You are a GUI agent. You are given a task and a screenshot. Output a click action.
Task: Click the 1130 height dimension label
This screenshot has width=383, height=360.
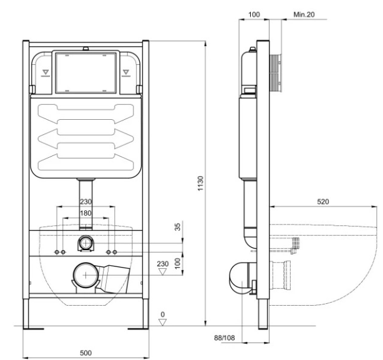pos(200,183)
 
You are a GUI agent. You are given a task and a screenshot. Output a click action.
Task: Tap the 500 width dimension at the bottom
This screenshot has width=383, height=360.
pos(85,353)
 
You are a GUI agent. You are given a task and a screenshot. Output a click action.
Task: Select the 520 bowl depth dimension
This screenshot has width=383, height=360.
pos(323,202)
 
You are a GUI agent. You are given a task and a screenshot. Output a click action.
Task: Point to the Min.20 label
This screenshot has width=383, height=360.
pos(304,14)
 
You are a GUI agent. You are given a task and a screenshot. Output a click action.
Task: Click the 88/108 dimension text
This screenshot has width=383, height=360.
pos(224,338)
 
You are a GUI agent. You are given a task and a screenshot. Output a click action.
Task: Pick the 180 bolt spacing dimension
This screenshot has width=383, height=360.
pos(85,213)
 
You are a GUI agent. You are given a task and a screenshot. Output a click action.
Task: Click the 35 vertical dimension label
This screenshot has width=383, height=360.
pos(178,226)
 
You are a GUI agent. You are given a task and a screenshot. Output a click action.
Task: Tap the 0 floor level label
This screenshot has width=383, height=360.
pos(163,314)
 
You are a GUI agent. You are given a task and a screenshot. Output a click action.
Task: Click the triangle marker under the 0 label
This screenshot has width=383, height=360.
pos(163,322)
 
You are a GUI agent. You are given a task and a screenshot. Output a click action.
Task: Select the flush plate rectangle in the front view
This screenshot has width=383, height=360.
pos(85,73)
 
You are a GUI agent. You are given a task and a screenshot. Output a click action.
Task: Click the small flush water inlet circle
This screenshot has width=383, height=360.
pos(85,243)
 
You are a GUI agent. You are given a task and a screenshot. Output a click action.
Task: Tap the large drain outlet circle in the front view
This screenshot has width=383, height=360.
pos(85,275)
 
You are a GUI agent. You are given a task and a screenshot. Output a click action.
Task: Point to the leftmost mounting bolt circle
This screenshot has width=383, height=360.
pos(57,252)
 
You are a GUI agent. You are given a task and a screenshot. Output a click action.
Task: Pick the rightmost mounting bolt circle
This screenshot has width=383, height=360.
pos(115,252)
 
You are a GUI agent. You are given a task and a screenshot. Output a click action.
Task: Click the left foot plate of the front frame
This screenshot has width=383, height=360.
pos(34,329)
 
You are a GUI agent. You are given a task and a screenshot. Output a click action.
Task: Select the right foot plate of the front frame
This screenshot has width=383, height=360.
pos(138,329)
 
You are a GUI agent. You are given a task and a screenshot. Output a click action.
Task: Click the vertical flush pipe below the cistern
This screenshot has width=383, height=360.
pos(85,204)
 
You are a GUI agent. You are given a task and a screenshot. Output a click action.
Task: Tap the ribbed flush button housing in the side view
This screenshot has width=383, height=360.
pos(275,73)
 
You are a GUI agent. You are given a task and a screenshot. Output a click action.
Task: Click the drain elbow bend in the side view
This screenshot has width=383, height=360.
pos(239,277)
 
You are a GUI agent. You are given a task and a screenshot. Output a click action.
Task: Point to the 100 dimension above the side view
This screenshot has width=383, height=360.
pos(254,14)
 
